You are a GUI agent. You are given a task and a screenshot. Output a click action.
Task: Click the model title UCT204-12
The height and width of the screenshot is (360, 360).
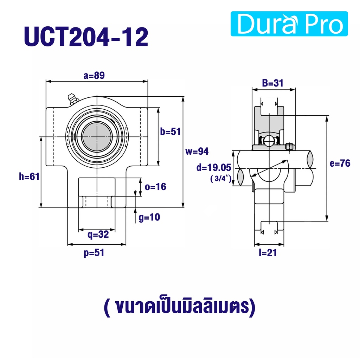[x=86, y=37]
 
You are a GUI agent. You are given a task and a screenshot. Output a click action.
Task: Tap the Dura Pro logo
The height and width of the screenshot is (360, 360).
[x=289, y=24]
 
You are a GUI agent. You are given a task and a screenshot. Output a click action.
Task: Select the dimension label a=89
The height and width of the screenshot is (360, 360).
[x=94, y=76]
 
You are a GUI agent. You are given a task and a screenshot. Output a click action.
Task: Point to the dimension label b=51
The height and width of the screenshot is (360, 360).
[x=171, y=132]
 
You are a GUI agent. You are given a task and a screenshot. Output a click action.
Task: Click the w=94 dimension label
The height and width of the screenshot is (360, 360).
[x=197, y=151]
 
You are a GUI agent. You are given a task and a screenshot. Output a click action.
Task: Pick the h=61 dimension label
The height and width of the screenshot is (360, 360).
[x=29, y=176]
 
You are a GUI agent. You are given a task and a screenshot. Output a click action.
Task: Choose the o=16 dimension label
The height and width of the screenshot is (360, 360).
[x=155, y=187]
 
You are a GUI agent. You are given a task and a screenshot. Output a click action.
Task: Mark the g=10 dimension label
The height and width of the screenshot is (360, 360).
[x=149, y=217]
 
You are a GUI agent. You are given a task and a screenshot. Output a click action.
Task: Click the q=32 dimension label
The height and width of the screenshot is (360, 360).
[x=98, y=234]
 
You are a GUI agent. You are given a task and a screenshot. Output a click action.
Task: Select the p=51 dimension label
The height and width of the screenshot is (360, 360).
[x=94, y=253]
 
